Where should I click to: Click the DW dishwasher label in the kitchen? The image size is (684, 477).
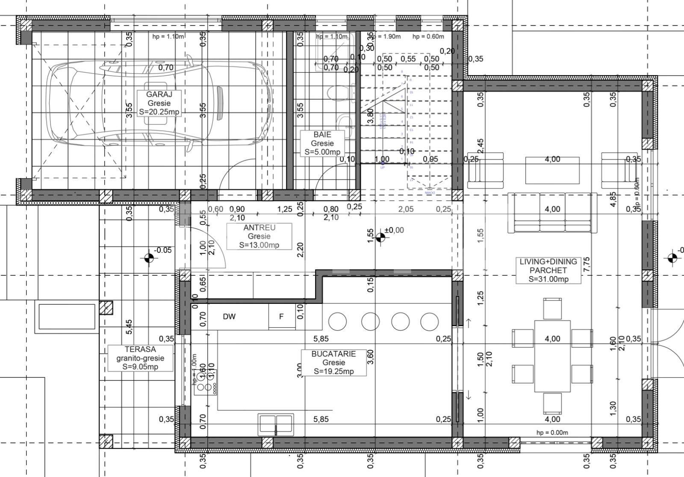pos(229,317)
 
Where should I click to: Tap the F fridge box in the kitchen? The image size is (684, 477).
pos(281,317)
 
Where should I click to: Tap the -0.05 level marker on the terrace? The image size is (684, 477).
pos(149,258)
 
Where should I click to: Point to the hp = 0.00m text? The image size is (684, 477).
pos(552,432)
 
